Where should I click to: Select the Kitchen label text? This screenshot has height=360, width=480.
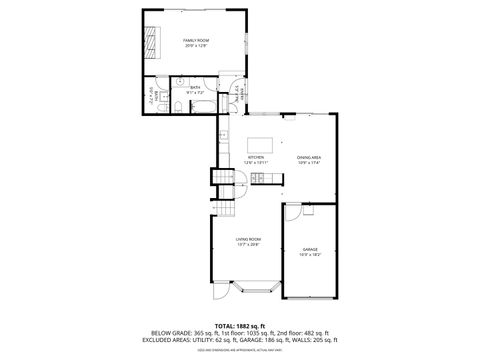[x=255, y=157]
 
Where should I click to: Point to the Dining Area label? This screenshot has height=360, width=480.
[x=308, y=157]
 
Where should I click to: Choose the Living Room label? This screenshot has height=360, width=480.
[x=248, y=238]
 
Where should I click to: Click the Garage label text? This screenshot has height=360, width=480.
[x=310, y=249]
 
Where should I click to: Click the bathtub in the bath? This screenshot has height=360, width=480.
[x=199, y=107]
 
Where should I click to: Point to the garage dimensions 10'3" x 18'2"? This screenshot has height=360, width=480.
[x=310, y=255]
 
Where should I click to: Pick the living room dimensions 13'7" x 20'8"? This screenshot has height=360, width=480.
[x=248, y=244]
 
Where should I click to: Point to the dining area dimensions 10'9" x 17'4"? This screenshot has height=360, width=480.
[x=308, y=163]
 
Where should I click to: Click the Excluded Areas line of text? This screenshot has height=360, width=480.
[x=240, y=342]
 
